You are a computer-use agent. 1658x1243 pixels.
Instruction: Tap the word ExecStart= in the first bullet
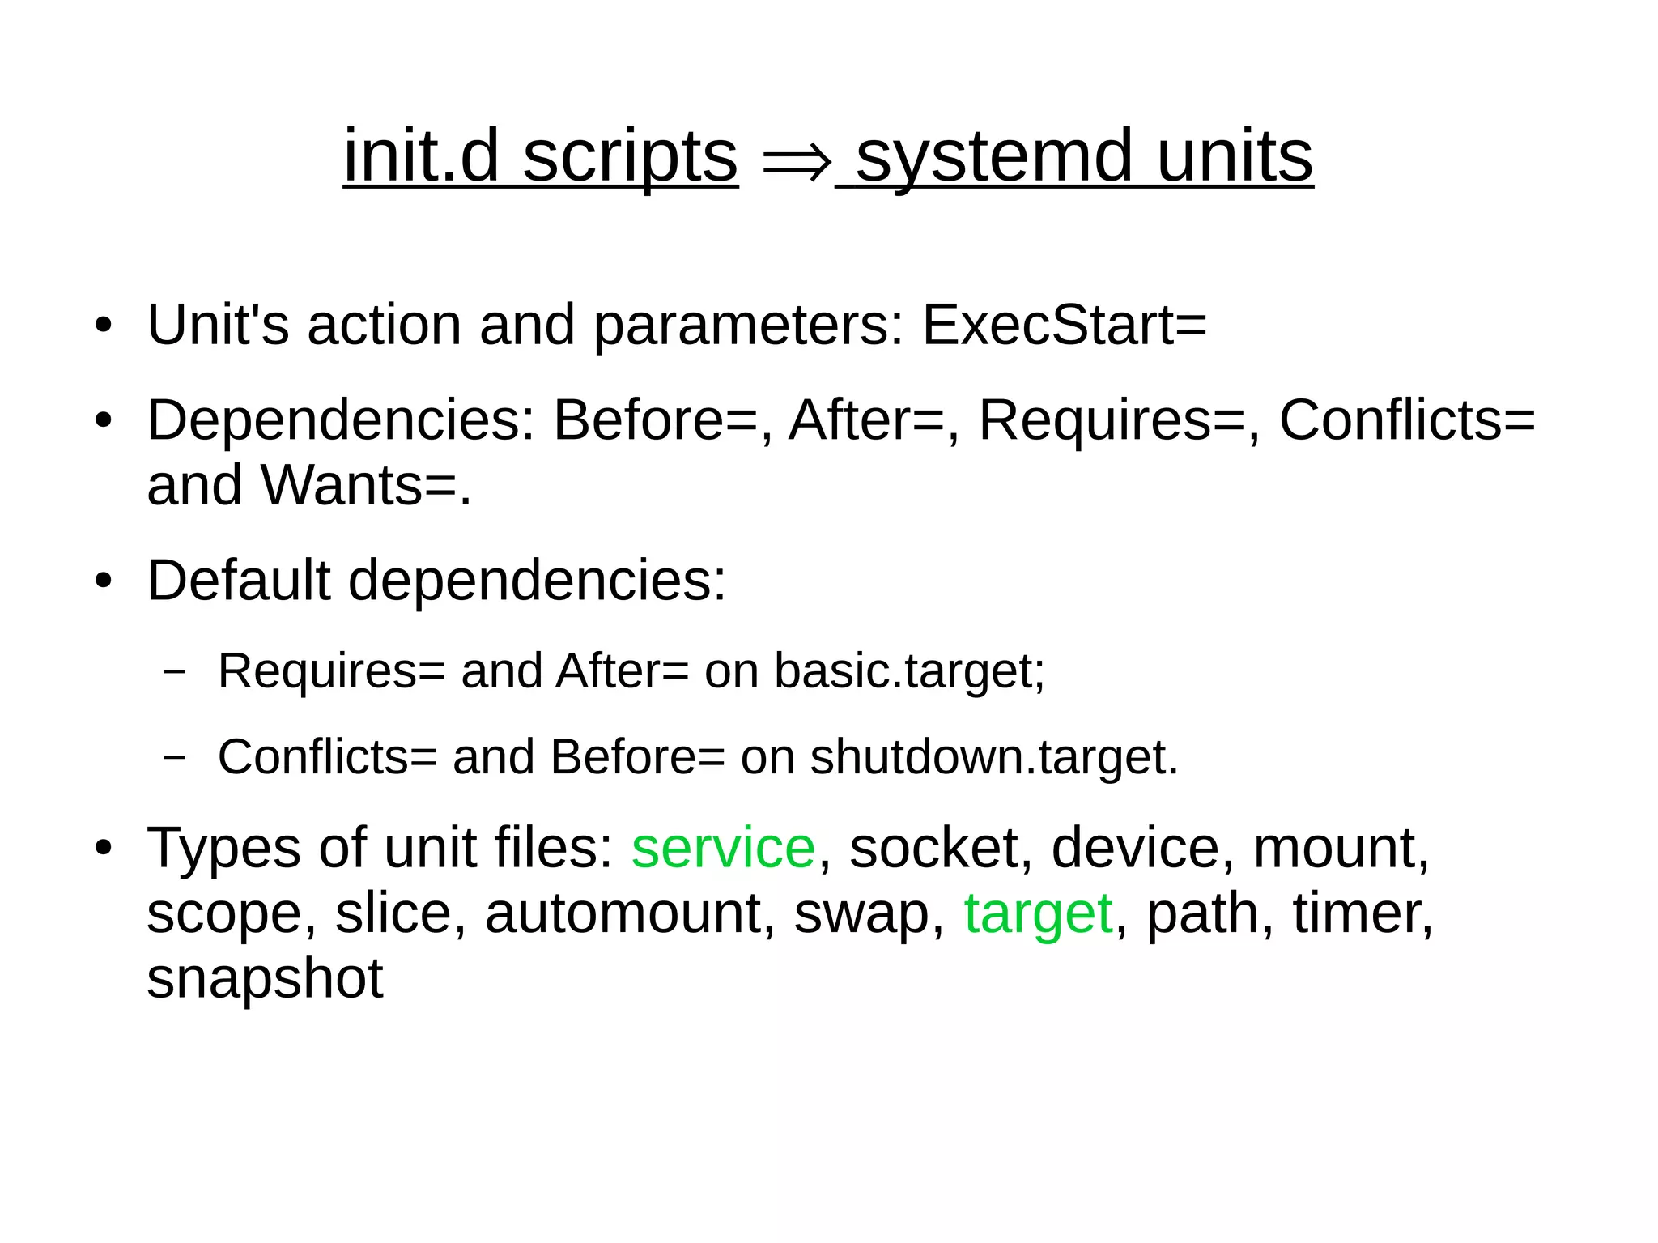pos(1064,325)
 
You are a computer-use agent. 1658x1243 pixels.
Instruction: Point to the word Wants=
pos(365,485)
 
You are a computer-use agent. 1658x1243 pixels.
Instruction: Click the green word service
pos(723,848)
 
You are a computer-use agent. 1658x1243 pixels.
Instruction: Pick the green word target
pos(1038,913)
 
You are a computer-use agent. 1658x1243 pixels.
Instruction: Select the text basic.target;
pos(909,671)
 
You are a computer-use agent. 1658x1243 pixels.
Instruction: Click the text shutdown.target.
pos(994,757)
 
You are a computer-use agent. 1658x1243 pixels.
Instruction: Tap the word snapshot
pos(265,978)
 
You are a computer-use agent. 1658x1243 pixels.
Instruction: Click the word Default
pos(238,581)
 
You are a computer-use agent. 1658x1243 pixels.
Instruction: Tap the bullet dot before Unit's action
pos(103,326)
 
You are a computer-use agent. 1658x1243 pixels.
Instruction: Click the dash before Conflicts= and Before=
pos(174,757)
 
